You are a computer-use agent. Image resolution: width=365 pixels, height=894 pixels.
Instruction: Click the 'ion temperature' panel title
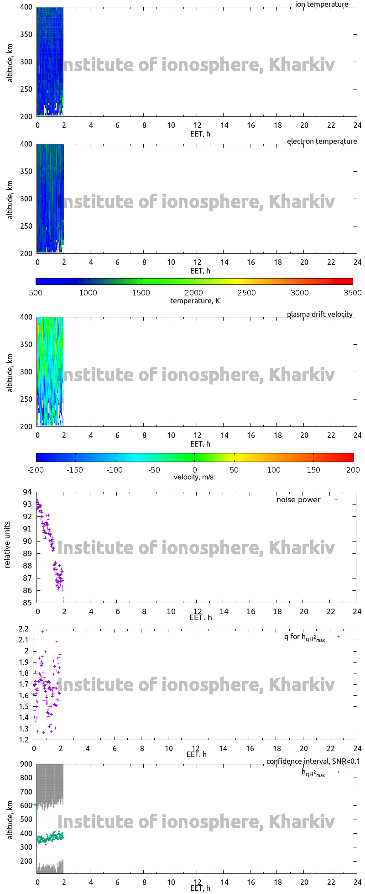pyautogui.click(x=322, y=5)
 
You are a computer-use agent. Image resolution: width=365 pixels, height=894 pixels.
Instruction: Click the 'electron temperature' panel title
pyautogui.click(x=322, y=141)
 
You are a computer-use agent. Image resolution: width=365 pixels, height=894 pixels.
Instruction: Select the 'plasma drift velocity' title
pyautogui.click(x=319, y=314)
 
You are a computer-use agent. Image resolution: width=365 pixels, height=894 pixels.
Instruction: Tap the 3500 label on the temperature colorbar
pyautogui.click(x=352, y=293)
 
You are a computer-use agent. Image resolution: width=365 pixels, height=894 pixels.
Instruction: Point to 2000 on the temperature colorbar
pyautogui.click(x=194, y=293)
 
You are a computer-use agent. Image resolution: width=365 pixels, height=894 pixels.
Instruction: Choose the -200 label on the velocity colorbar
pyautogui.click(x=36, y=470)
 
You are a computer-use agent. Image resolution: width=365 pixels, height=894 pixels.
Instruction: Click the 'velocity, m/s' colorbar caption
pyautogui.click(x=193, y=477)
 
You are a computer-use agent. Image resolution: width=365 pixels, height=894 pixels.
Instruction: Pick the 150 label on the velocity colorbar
pyautogui.click(x=313, y=470)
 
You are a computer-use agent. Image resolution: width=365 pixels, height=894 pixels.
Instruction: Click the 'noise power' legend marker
pyautogui.click(x=336, y=500)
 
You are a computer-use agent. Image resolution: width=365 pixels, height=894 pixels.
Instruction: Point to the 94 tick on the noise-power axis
pyautogui.click(x=27, y=492)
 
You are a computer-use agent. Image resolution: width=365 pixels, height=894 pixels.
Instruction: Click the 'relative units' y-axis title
pyautogui.click(x=7, y=547)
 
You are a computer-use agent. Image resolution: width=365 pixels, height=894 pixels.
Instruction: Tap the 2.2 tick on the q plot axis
pyautogui.click(x=24, y=629)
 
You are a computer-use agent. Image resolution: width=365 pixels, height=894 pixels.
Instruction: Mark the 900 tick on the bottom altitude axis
pyautogui.click(x=26, y=764)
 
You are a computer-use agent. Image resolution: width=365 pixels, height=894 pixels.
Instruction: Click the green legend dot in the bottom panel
pyautogui.click(x=339, y=772)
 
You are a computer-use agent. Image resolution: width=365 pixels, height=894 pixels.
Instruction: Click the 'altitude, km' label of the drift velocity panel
pyautogui.click(x=10, y=371)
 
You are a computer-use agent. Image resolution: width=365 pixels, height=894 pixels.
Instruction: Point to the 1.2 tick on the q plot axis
pyautogui.click(x=24, y=740)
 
